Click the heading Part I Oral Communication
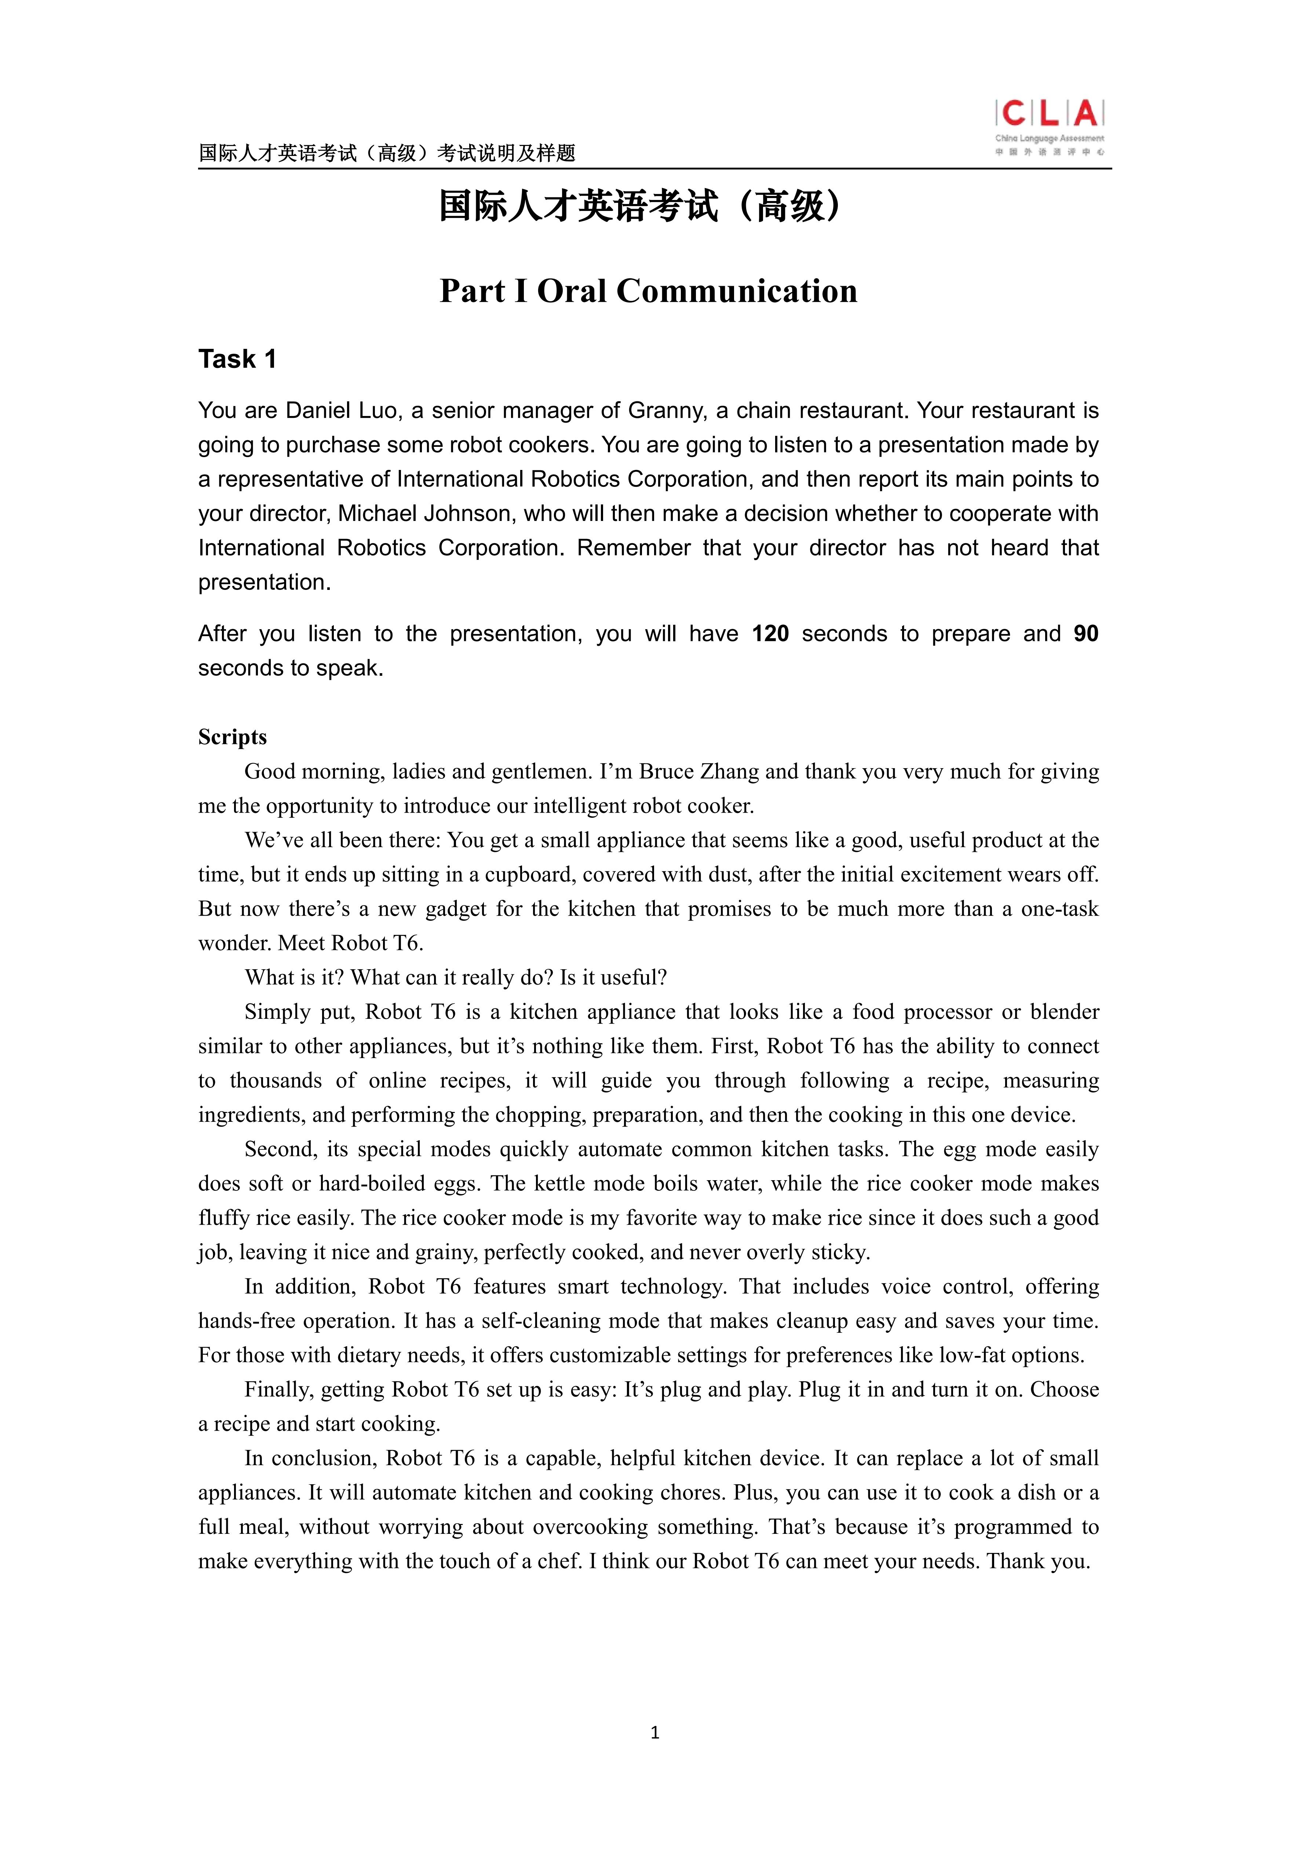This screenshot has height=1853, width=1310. tap(648, 291)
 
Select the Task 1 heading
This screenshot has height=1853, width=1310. tap(237, 359)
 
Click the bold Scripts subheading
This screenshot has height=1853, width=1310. tap(233, 737)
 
